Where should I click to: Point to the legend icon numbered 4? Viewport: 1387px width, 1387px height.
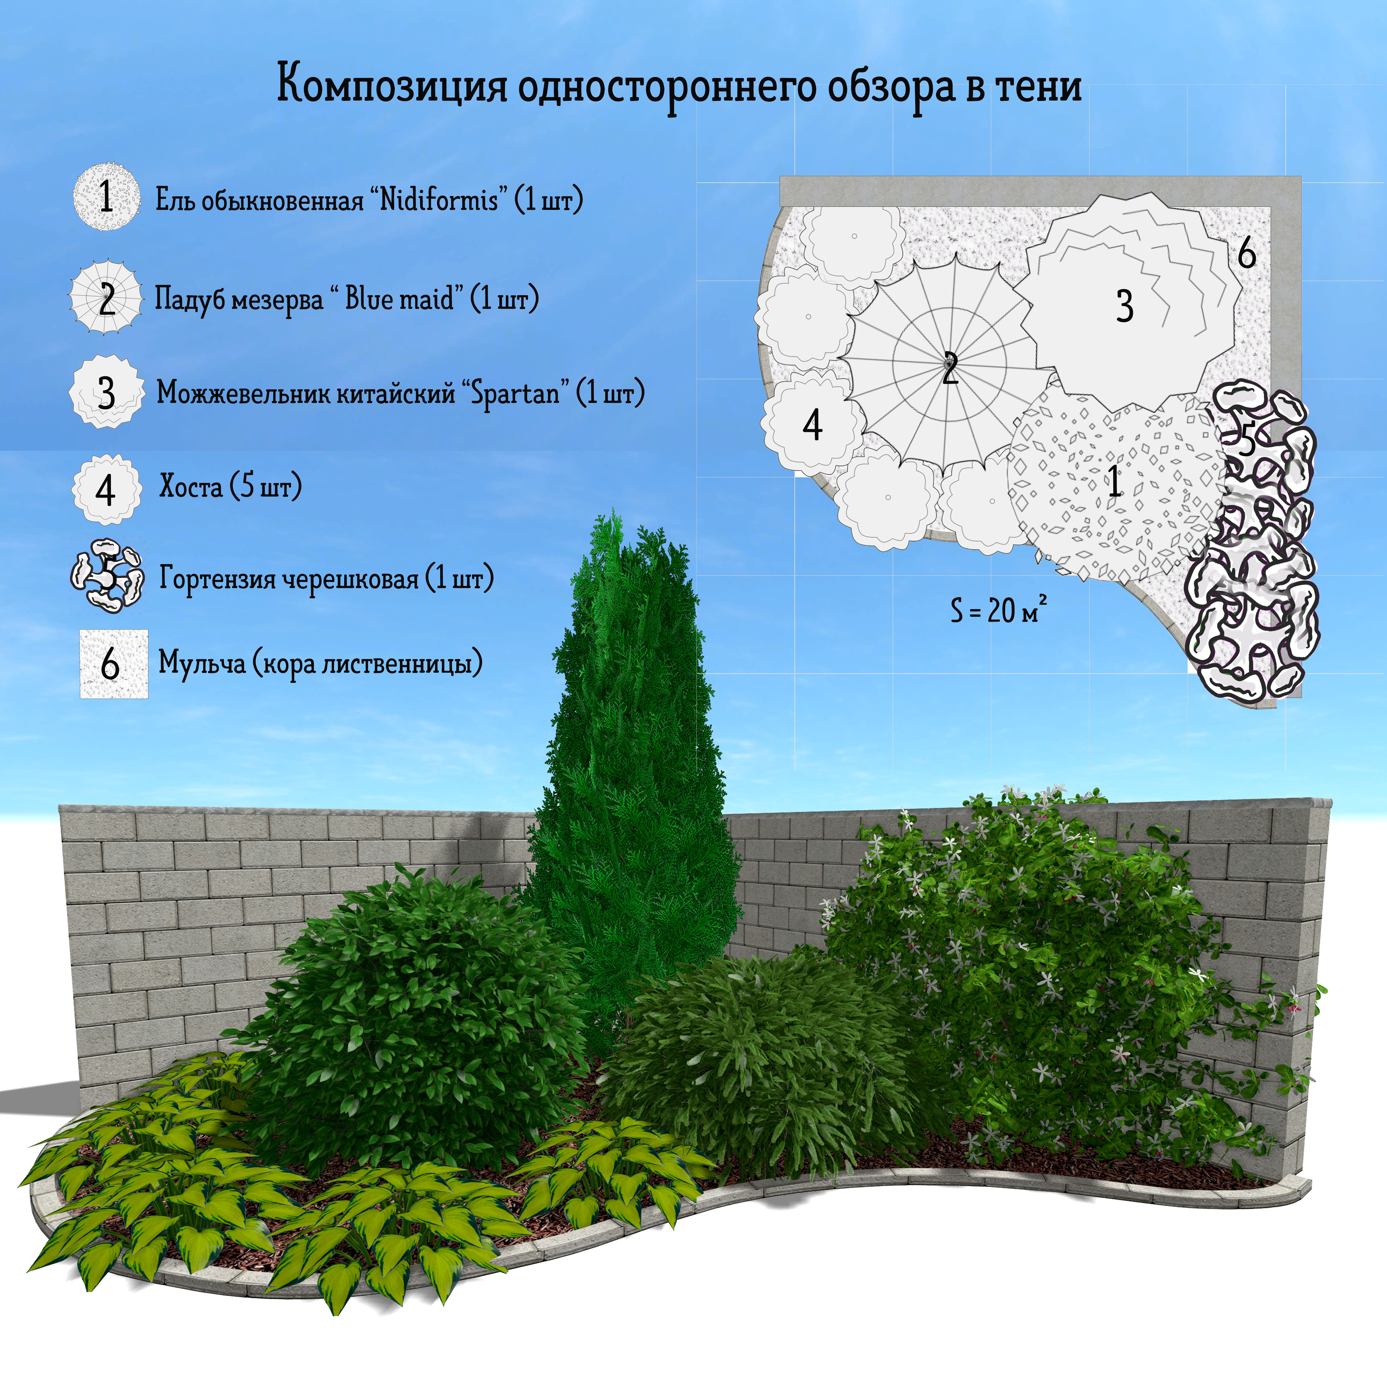(x=106, y=490)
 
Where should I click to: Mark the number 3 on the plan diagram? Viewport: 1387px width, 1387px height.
(x=1124, y=306)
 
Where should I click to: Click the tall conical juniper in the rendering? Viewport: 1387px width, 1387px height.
(x=632, y=754)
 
